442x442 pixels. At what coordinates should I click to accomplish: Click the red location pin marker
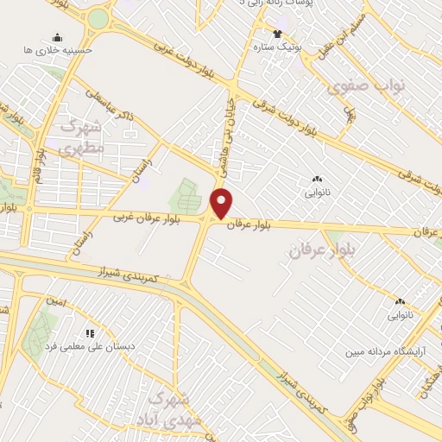pyautogui.click(x=223, y=204)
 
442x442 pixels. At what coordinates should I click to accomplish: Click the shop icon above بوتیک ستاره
pyautogui.click(x=276, y=34)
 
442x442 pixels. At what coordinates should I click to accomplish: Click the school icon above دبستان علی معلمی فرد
pyautogui.click(x=88, y=332)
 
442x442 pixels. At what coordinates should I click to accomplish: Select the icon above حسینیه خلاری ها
pyautogui.click(x=57, y=38)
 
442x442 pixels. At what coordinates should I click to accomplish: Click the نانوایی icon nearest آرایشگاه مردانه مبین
pyautogui.click(x=399, y=302)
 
